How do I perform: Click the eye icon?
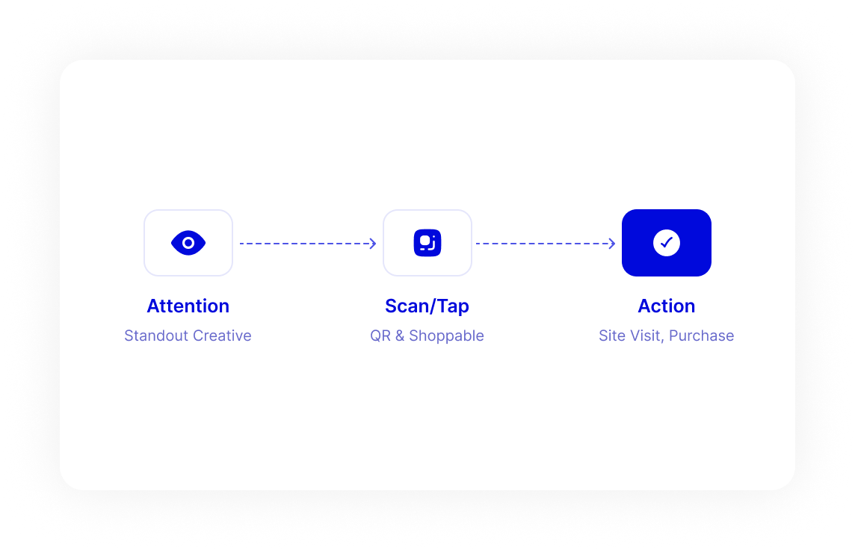(x=188, y=243)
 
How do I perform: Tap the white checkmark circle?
(x=667, y=243)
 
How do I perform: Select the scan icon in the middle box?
(x=427, y=243)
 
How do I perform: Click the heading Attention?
(x=188, y=306)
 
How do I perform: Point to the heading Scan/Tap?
(x=427, y=306)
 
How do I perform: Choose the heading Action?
(x=667, y=306)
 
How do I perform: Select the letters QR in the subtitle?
(x=380, y=336)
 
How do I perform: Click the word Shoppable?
(x=447, y=336)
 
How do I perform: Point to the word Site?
(x=611, y=336)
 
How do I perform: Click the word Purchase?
(x=701, y=336)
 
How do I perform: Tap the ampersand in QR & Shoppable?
(x=400, y=336)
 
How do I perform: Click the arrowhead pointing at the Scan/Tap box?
(x=373, y=244)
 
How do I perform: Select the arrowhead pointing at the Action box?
(x=612, y=244)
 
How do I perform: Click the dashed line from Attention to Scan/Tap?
(x=308, y=244)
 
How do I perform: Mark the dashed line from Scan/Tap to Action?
(x=546, y=244)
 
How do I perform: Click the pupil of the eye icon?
(x=188, y=243)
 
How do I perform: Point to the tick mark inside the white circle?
(x=667, y=243)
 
